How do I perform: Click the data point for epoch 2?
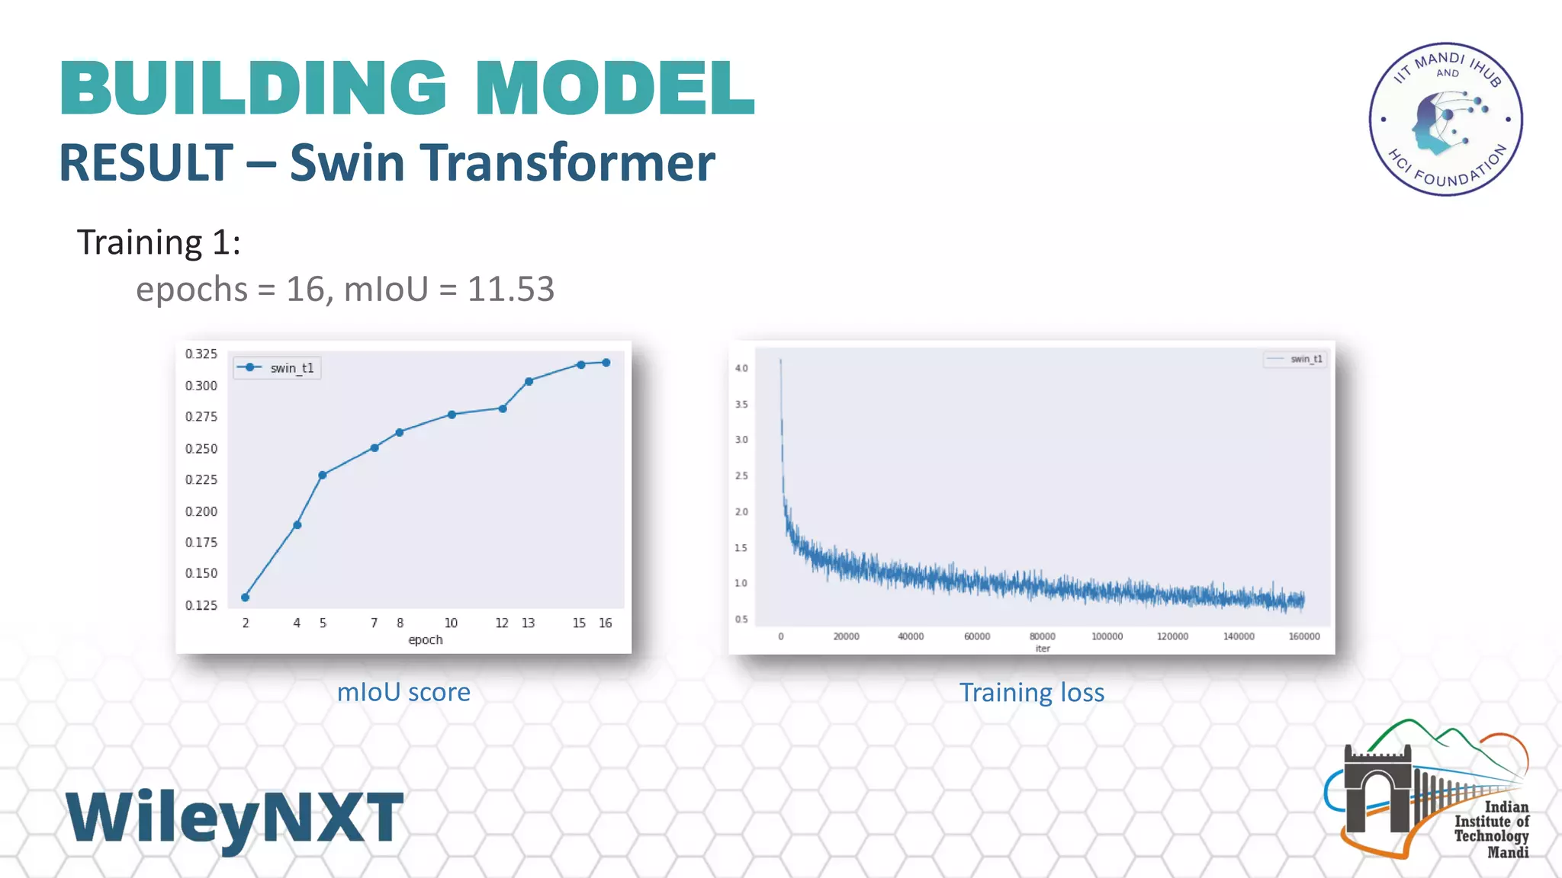pos(245,598)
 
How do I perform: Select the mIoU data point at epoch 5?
pos(323,475)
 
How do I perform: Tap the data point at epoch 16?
pos(606,363)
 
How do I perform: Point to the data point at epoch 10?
pos(452,415)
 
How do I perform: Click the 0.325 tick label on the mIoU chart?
pos(201,354)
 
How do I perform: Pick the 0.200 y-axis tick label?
pos(201,511)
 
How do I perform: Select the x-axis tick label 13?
pos(528,623)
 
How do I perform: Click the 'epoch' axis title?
pos(425,639)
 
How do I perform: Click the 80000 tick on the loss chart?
pos(1042,636)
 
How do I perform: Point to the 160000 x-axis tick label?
pos(1303,636)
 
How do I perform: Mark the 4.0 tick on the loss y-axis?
pos(741,368)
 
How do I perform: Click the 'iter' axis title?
pos(1043,649)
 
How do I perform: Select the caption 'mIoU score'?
pos(403,692)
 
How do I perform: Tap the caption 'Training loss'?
pos(1031,693)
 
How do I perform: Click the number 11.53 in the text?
pos(510,290)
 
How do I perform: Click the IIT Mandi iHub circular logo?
pos(1445,119)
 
